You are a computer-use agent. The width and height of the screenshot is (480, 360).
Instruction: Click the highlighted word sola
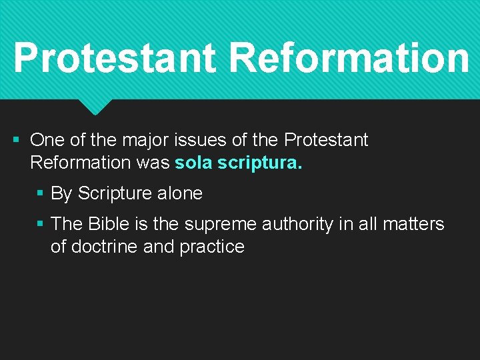pyautogui.click(x=194, y=163)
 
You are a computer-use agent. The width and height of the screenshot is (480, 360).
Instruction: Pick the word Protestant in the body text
pyautogui.click(x=326, y=141)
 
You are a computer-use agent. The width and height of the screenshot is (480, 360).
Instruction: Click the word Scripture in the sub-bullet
pyautogui.click(x=114, y=194)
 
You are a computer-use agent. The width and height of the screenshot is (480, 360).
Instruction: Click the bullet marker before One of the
pyautogui.click(x=17, y=141)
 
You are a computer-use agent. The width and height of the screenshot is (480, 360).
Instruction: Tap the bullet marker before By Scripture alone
pyautogui.click(x=41, y=194)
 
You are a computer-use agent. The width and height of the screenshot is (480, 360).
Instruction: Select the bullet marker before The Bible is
pyautogui.click(x=41, y=224)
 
